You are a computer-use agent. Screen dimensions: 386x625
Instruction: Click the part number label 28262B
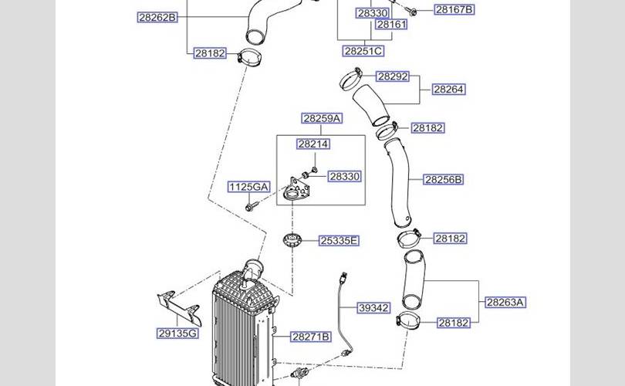(158, 16)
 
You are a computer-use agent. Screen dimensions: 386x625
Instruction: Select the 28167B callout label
(454, 10)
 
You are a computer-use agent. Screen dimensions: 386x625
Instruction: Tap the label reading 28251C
(363, 51)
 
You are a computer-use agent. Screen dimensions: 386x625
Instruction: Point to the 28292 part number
(393, 76)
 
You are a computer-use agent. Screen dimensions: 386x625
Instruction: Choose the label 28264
(448, 90)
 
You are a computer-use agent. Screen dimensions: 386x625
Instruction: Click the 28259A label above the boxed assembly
(322, 118)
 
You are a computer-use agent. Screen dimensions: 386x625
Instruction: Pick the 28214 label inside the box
(313, 144)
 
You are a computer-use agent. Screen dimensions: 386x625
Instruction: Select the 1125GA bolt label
(248, 187)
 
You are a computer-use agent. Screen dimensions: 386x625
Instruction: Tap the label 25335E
(340, 241)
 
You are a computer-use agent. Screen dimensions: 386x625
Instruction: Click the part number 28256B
(444, 180)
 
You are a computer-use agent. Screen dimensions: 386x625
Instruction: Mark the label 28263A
(505, 302)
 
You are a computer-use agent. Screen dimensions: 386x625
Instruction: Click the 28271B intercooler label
(311, 337)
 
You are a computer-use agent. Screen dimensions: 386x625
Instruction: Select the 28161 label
(391, 25)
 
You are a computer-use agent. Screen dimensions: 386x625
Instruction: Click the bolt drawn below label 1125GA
(252, 207)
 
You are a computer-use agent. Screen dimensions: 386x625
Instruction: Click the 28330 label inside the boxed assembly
(344, 177)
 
